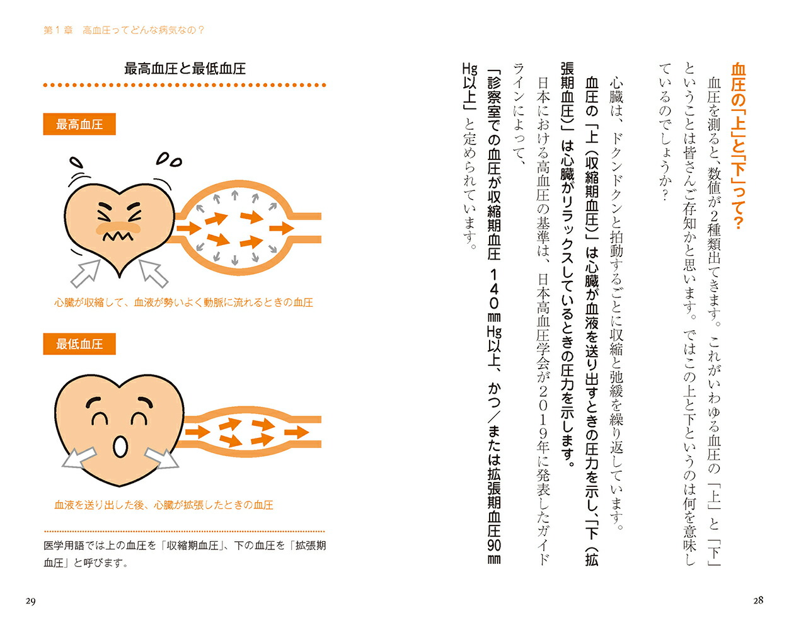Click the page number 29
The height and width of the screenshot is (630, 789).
[30, 602]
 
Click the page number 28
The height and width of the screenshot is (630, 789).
[758, 600]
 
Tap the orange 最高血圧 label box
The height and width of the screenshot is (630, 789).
[79, 124]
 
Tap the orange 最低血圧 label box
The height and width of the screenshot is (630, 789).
[79, 344]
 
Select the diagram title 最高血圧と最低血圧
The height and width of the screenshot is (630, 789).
[185, 69]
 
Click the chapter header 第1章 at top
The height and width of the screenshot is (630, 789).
[59, 30]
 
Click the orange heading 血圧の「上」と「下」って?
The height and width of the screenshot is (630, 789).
[738, 146]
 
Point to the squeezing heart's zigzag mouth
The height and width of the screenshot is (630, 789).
[117, 236]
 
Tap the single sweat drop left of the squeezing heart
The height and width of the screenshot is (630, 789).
[76, 161]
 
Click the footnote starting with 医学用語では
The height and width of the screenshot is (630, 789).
[185, 554]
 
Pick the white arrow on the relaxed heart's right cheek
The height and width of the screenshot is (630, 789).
[162, 458]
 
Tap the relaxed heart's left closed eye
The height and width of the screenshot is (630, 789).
[99, 418]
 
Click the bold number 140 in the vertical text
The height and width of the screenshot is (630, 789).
[494, 289]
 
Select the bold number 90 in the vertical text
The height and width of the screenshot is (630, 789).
[494, 544]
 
